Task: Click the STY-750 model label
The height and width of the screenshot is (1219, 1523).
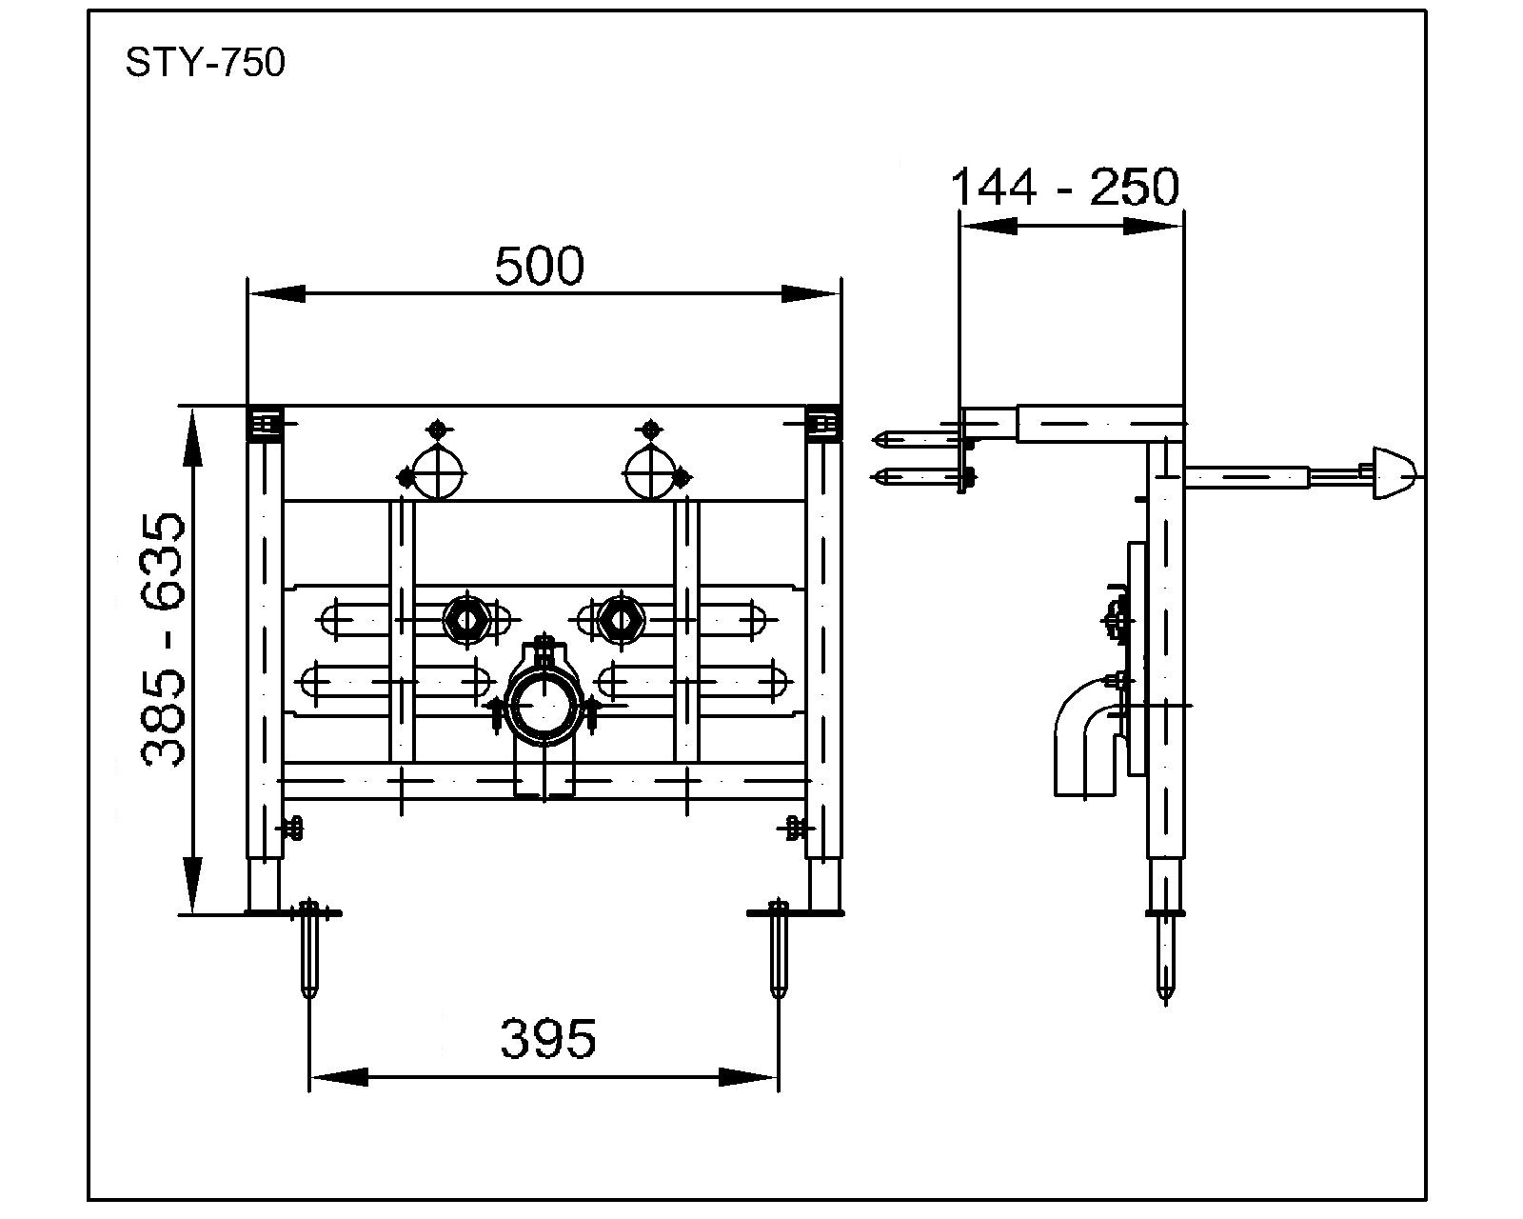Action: point(205,63)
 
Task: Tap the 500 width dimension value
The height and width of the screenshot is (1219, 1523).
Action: point(539,267)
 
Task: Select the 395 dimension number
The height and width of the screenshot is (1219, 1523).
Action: point(548,1038)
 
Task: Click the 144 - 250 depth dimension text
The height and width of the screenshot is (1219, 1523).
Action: point(1064,187)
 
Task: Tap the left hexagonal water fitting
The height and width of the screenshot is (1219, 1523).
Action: point(466,618)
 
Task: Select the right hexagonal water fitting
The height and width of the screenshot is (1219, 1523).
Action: point(620,618)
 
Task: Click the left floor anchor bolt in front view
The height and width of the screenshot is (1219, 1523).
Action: point(309,948)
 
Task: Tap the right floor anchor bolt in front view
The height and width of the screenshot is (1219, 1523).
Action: point(779,948)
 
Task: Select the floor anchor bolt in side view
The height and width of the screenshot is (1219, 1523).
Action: point(1166,957)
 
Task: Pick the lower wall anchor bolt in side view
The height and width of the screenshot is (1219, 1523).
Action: point(919,476)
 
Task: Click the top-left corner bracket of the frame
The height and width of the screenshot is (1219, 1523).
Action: point(266,423)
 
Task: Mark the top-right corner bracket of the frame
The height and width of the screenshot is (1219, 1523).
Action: point(822,423)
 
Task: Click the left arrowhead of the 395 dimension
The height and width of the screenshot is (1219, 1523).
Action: point(339,1077)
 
